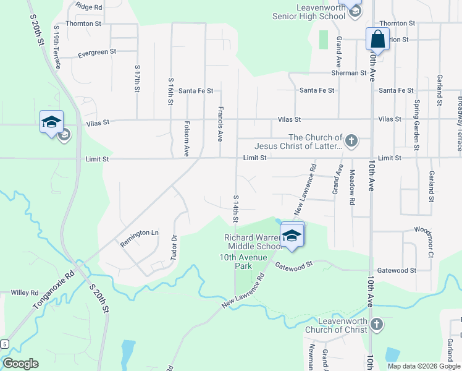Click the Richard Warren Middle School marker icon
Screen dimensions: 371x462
(292, 234)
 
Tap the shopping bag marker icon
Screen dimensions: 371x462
(377, 40)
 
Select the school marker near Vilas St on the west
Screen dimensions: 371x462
(52, 122)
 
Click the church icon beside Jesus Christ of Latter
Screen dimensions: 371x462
(351, 141)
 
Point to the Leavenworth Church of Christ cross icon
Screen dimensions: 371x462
(377, 325)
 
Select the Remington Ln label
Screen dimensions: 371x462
(139, 234)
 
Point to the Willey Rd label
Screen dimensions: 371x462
(25, 292)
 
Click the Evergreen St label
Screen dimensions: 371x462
(97, 54)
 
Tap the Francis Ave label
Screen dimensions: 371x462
(219, 124)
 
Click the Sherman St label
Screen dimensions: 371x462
(350, 73)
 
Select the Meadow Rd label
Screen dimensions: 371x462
(352, 187)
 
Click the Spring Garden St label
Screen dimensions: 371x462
(417, 126)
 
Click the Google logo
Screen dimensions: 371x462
(20, 364)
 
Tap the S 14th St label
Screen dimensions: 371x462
(235, 209)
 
